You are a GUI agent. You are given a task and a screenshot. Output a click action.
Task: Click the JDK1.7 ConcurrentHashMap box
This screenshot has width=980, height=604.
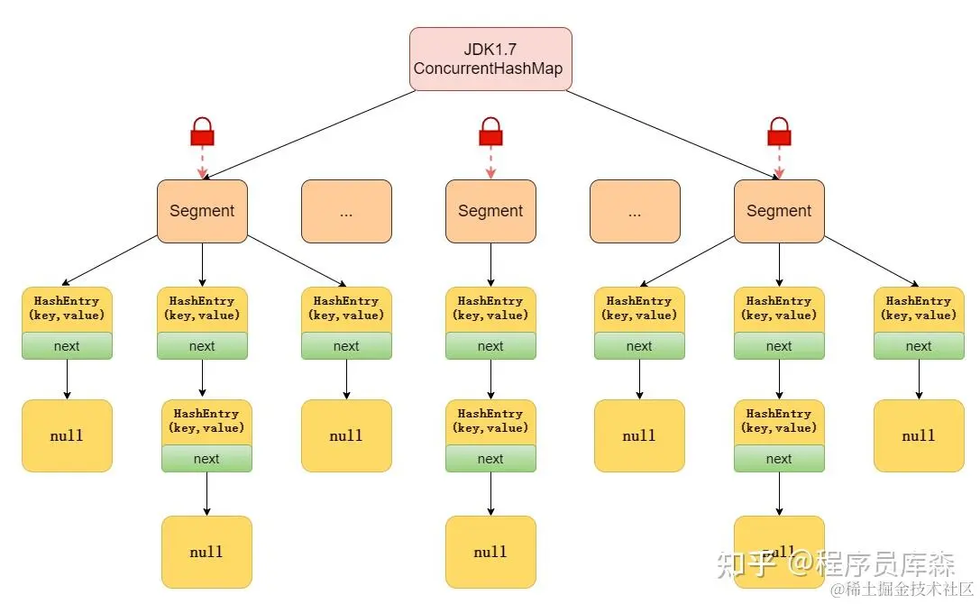coord(490,59)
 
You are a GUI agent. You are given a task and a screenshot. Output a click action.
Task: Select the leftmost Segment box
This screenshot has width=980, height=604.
coord(202,211)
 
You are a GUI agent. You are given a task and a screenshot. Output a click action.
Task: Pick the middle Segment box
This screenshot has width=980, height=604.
coord(490,211)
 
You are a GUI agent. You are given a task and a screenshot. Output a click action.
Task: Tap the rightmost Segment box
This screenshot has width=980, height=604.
coord(779,211)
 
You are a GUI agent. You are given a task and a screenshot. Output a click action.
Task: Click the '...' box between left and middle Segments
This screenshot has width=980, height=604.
coord(346,211)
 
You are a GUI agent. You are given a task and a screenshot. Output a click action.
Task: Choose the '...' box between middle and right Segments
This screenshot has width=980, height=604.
coord(635,211)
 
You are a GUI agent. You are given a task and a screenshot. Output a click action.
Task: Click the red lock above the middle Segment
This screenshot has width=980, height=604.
coord(490,133)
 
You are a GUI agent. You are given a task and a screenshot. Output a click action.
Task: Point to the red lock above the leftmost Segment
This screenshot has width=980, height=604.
coord(202,133)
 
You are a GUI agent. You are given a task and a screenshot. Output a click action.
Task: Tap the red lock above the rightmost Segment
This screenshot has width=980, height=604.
coord(779,133)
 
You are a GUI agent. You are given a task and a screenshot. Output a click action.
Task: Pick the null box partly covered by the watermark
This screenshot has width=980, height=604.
coord(779,550)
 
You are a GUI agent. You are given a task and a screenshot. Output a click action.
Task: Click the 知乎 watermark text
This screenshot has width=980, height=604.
coord(745,564)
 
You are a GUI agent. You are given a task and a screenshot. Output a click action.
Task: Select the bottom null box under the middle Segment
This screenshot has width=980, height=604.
coord(490,552)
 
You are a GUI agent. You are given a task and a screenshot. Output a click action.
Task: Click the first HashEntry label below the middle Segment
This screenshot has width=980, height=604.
coord(490,308)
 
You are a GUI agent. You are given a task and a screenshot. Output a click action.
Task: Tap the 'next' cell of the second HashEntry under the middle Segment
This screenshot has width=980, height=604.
coord(490,459)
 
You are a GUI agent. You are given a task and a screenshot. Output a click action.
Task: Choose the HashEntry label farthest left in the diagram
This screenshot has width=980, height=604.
coord(67,308)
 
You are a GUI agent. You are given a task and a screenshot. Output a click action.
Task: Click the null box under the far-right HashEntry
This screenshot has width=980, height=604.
coord(919,435)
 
